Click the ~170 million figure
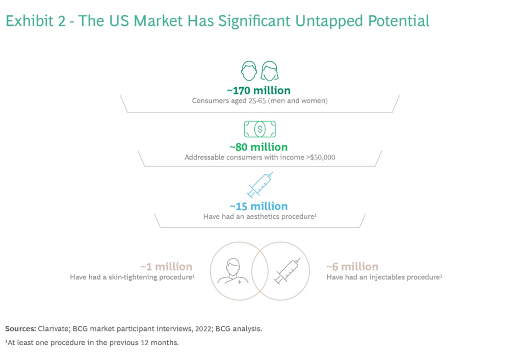(258, 91)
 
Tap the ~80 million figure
(258, 147)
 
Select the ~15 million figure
(258, 207)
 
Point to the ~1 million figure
(166, 267)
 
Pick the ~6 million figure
(352, 267)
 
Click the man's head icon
(249, 70)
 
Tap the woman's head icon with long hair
(270, 70)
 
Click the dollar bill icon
(259, 129)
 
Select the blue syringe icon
(260, 185)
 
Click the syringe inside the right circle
(288, 271)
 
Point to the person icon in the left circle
(233, 271)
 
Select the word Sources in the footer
(20, 329)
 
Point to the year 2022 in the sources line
(203, 329)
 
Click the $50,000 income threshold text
(323, 157)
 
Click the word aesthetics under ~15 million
(263, 217)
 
